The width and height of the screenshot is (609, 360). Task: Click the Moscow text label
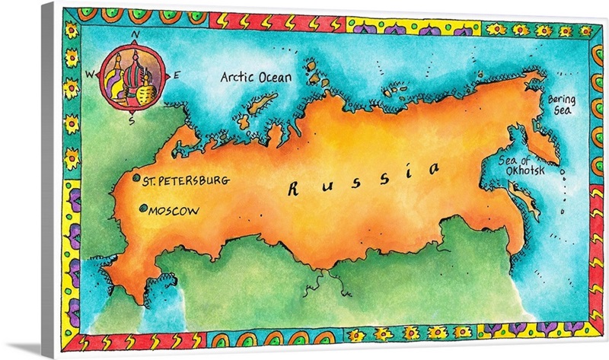pyautogui.click(x=174, y=210)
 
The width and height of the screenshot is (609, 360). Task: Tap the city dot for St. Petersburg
pyautogui.click(x=137, y=180)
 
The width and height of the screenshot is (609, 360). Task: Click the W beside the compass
pyautogui.click(x=89, y=74)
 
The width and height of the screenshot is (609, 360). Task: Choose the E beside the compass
pyautogui.click(x=177, y=75)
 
